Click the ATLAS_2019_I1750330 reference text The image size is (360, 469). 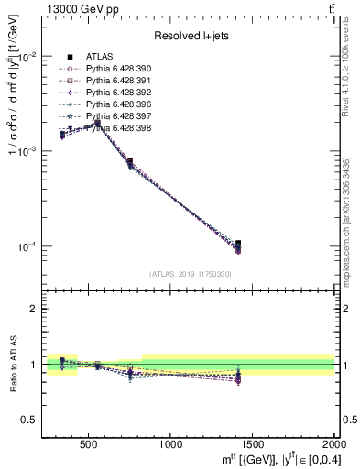(191, 274)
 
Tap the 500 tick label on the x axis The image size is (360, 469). (89, 444)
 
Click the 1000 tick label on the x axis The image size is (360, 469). (170, 444)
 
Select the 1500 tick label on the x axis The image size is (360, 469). (253, 444)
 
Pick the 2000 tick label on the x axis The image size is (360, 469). (332, 444)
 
